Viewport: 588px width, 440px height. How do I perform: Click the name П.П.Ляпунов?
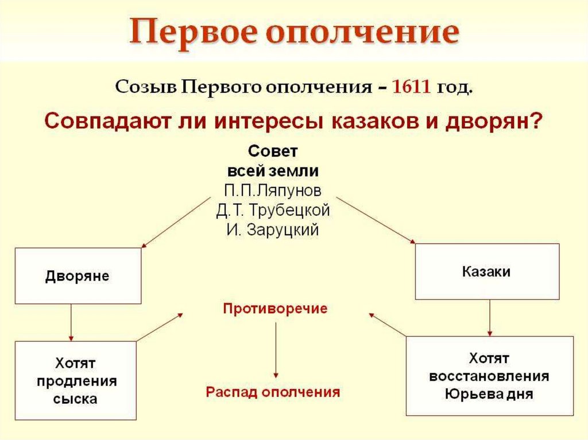tap(273, 190)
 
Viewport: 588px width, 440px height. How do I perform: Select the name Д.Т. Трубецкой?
tap(273, 211)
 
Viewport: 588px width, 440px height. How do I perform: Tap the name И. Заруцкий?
tap(273, 231)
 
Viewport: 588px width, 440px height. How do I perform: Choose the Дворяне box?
tap(78, 276)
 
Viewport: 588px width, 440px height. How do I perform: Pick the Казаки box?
tap(486, 271)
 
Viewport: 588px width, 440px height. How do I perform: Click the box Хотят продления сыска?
tap(76, 381)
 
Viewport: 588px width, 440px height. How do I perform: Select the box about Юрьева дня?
tap(489, 376)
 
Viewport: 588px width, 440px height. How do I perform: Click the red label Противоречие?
tap(275, 308)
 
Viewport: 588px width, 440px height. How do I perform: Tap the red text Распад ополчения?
tap(273, 392)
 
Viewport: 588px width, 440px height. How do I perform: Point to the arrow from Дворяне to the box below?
tap(71, 322)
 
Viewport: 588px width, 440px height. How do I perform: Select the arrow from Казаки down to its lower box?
tap(489, 318)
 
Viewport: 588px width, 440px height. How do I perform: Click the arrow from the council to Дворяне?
tap(176, 223)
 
